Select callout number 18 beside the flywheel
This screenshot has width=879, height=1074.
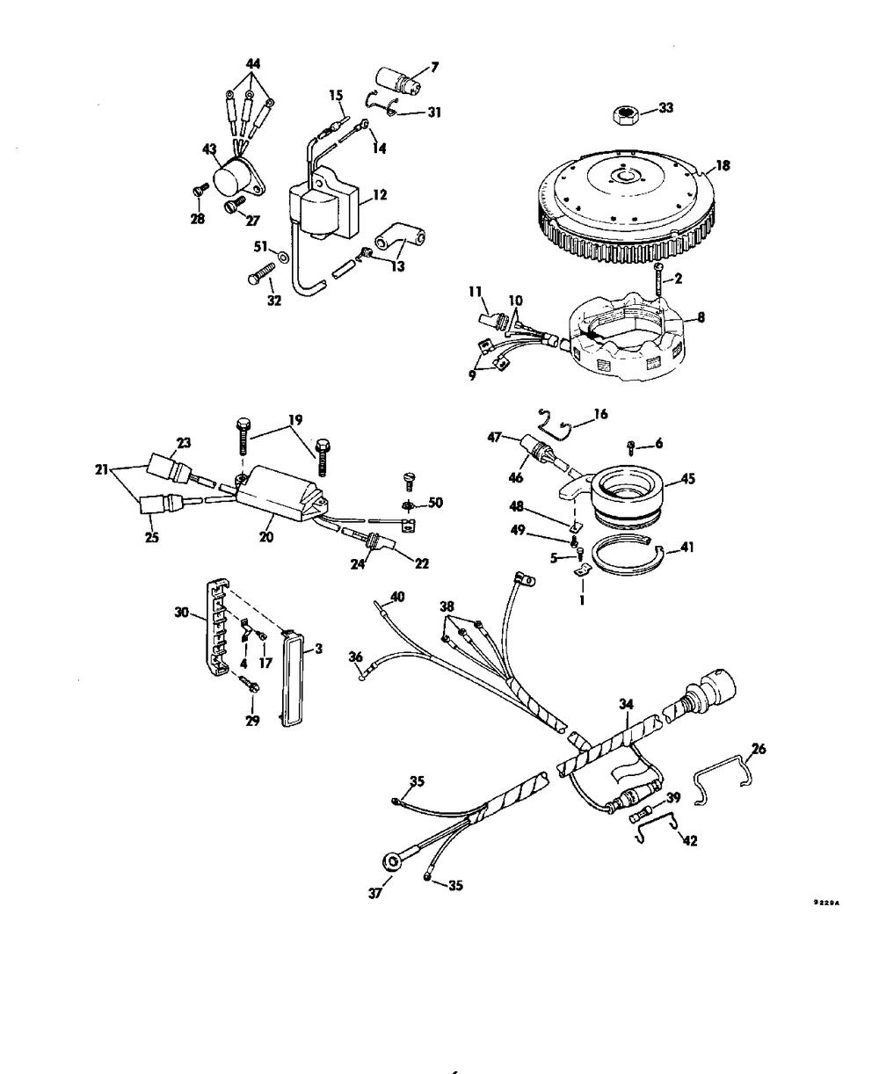point(723,164)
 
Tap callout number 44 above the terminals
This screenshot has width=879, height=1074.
point(252,65)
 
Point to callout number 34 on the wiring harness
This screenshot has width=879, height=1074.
point(626,704)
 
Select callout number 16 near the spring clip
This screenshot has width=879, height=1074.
point(599,412)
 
